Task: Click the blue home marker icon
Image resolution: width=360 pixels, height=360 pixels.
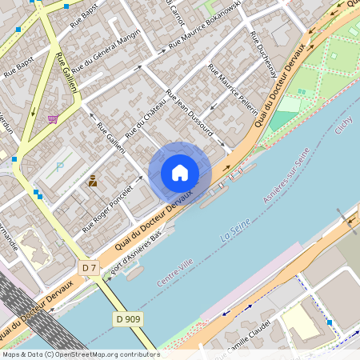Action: coord(180,173)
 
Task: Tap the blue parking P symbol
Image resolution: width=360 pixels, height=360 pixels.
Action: coord(60,167)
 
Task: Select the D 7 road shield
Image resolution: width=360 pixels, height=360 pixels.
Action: coord(89,266)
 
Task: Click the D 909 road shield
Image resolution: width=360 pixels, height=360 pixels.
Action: coord(127,319)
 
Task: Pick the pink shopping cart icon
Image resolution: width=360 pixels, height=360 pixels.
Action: coord(53,119)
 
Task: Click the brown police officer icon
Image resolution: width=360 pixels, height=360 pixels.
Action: coord(93,181)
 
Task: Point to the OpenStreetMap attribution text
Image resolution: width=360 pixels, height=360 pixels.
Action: coord(80,354)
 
